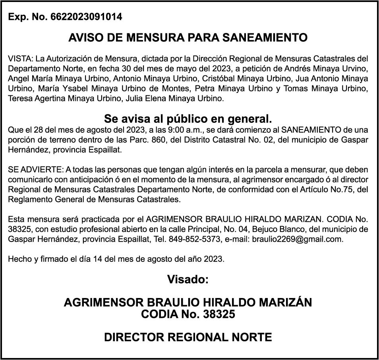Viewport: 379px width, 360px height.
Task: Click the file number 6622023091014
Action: [x=87, y=17]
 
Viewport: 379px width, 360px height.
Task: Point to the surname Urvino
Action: [x=357, y=69]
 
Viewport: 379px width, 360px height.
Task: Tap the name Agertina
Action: [x=44, y=99]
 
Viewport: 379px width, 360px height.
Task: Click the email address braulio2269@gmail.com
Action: [x=297, y=239]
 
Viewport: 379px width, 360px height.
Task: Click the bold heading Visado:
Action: [x=188, y=279]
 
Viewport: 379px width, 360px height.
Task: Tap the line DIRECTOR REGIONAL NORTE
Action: [x=188, y=338]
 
